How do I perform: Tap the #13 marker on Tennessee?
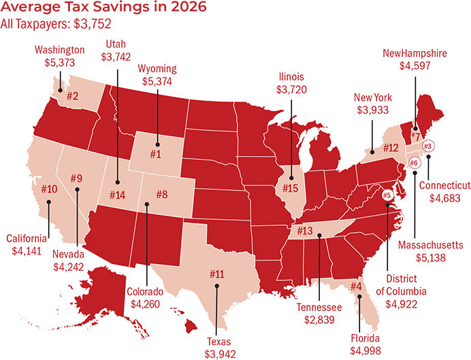click(304, 231)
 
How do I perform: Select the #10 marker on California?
click(49, 189)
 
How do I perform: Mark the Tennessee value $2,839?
click(317, 320)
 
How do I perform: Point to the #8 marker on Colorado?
click(161, 195)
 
